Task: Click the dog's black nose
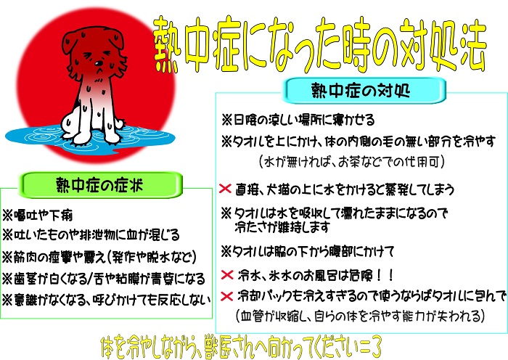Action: point(98,63)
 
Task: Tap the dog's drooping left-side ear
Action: point(69,42)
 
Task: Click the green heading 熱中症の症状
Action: point(99,185)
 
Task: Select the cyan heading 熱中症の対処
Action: point(361,91)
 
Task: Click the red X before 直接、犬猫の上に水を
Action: point(225,188)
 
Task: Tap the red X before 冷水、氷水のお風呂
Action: point(227,275)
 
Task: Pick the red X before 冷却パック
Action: point(226,296)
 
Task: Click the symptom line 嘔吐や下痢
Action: point(38,215)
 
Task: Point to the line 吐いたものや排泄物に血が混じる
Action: point(91,235)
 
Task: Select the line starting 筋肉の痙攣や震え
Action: point(99,257)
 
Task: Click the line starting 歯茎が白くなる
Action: point(104,279)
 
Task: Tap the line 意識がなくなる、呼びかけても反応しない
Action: point(106,300)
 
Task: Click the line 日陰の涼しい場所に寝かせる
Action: point(298,120)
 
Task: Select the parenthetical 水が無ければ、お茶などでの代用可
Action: point(352,161)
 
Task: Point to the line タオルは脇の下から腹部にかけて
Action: point(307,251)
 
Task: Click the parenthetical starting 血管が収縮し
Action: point(360,316)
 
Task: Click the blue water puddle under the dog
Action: point(90,136)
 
